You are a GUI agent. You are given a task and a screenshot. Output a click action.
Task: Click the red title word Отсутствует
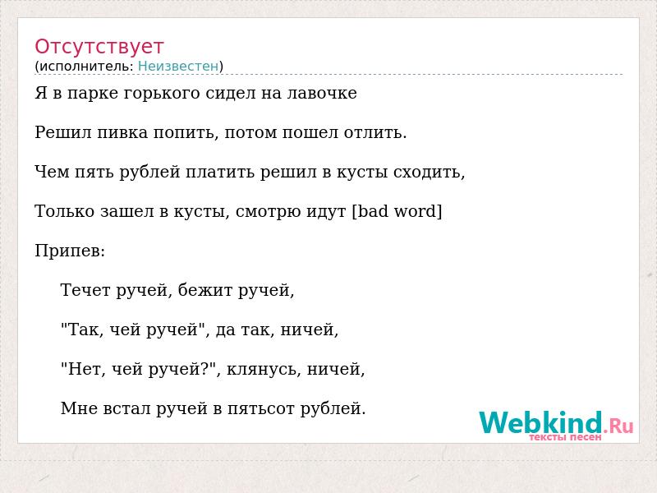pos(99,47)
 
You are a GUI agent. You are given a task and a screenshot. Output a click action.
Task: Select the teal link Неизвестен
pos(178,67)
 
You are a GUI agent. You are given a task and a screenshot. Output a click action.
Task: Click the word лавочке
pos(322,93)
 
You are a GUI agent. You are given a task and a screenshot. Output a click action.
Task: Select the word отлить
pos(375,132)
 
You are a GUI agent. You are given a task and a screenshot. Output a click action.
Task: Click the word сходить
pos(429,173)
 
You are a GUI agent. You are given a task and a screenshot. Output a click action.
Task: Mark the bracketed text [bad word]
pos(397,211)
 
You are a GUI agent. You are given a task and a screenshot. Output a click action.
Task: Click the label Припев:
pos(70,251)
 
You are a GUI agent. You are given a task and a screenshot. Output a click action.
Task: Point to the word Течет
pos(85,290)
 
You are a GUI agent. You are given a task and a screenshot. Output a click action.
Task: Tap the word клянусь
pos(264,369)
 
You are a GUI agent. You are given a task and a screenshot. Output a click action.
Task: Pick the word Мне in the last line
pos(79,408)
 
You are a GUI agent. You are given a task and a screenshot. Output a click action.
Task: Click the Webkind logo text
pos(540,422)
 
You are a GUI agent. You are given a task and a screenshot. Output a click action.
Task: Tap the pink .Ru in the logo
pos(618,426)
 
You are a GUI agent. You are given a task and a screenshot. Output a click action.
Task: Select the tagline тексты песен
pos(565,437)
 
